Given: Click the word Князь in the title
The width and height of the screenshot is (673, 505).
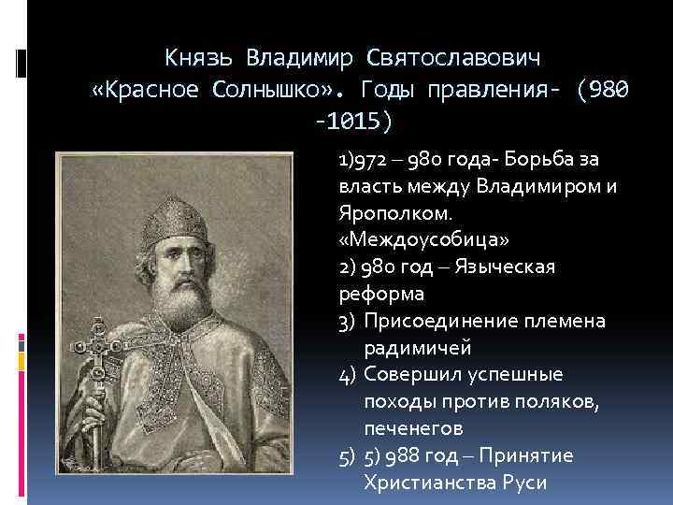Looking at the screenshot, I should coord(200,57).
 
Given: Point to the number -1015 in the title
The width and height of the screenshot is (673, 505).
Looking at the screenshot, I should coord(356,123).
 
